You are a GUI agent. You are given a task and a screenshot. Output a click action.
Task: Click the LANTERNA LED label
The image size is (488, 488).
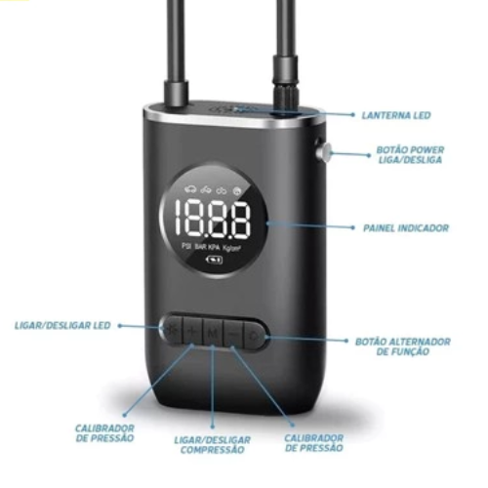click(396, 115)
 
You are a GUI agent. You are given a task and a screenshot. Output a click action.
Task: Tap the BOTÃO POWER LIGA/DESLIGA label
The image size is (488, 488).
click(410, 155)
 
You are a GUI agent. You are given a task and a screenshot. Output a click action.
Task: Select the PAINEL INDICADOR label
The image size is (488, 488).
click(406, 227)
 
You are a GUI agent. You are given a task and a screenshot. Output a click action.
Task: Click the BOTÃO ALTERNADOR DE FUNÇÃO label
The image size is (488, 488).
click(403, 346)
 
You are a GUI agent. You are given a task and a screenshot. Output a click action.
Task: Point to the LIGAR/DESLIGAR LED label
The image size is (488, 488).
click(62, 325)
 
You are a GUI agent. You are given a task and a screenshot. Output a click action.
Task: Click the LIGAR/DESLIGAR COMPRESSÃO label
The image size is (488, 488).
click(213, 445)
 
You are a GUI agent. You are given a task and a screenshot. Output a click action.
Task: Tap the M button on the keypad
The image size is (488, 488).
click(213, 333)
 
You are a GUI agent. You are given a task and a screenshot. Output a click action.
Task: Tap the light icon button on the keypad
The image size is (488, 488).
click(173, 330)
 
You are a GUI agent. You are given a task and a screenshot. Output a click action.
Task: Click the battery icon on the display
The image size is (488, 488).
click(215, 260)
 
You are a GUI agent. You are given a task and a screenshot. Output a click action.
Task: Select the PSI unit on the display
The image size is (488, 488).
click(186, 246)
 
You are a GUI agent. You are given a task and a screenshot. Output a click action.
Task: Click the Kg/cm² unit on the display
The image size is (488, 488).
click(231, 248)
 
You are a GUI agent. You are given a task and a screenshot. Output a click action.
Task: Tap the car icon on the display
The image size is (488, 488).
click(190, 188)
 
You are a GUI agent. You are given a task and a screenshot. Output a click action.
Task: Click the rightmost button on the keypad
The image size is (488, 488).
click(256, 335)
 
